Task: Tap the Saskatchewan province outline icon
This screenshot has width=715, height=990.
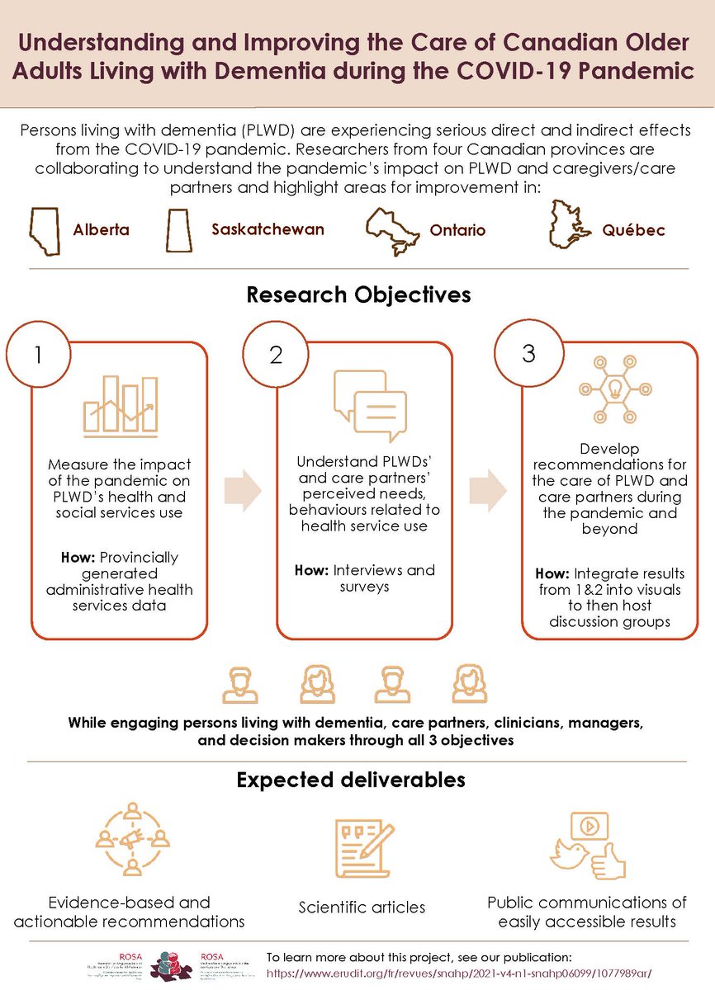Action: [180, 228]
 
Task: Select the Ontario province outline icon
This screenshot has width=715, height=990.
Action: [394, 228]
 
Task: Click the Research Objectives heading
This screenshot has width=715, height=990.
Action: [357, 295]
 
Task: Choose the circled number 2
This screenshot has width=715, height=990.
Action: [277, 354]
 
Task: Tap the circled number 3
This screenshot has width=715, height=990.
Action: [528, 353]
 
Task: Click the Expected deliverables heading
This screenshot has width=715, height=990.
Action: [351, 779]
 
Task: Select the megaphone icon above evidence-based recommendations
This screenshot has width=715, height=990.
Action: [132, 842]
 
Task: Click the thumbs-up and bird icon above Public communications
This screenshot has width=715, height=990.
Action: [588, 846]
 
